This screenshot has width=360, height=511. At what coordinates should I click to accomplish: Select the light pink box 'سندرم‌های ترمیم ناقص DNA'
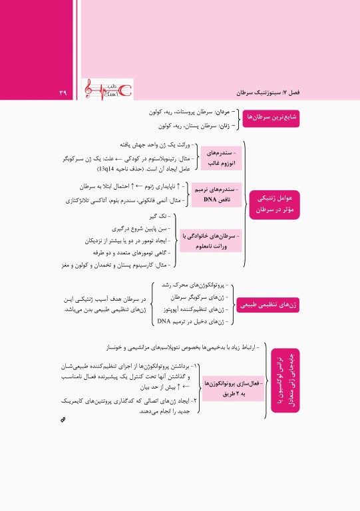pyautogui.click(x=212, y=194)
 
